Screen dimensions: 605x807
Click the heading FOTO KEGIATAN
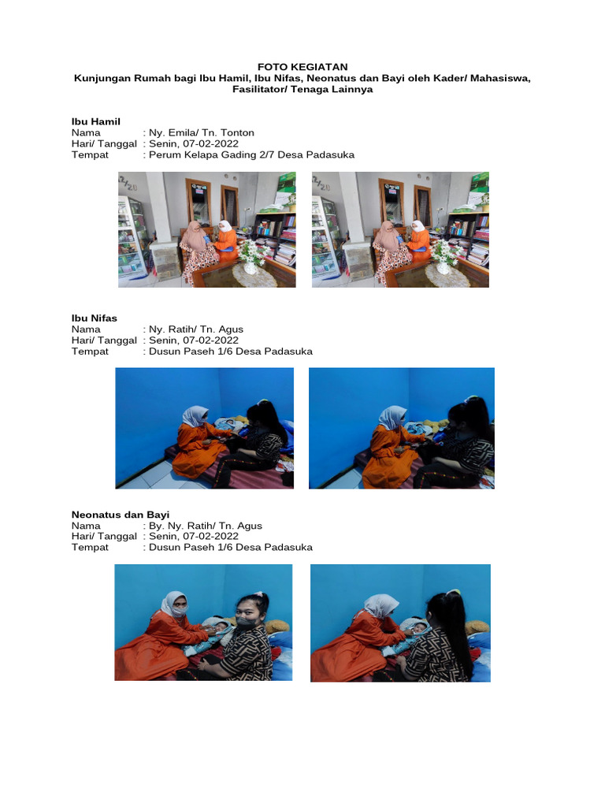302,67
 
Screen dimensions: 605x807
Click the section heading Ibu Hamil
95,122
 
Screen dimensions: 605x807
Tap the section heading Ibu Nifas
95,318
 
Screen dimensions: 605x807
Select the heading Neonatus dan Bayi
121,515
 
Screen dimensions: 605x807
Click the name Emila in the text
181,132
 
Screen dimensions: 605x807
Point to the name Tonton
237,132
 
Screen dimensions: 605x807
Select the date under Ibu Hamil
210,144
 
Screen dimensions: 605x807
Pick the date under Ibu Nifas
210,340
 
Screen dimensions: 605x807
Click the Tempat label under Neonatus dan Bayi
90,548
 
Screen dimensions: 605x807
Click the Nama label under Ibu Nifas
86,329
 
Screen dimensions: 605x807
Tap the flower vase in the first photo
250,258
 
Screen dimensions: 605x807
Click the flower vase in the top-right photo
444,258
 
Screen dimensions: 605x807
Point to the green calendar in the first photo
285,186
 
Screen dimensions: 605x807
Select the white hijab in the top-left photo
225,226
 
